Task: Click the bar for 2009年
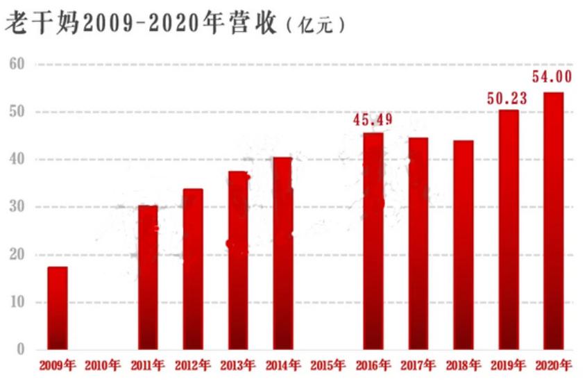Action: [x=58, y=308]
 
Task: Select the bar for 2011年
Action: [x=147, y=277]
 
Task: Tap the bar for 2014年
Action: [x=282, y=254]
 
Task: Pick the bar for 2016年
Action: [x=373, y=241]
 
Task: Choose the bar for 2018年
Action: [x=463, y=244]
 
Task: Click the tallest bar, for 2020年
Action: [x=553, y=221]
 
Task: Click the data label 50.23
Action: [x=507, y=99]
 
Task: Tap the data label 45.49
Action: [x=373, y=120]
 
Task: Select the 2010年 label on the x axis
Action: [x=102, y=365]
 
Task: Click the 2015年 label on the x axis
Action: [x=328, y=365]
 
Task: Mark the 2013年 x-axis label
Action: [x=237, y=365]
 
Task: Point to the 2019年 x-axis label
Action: [x=508, y=365]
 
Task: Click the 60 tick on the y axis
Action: [x=17, y=64]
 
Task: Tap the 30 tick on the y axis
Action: [x=17, y=207]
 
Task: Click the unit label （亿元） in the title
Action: [x=314, y=26]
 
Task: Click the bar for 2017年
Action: [x=418, y=243]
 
